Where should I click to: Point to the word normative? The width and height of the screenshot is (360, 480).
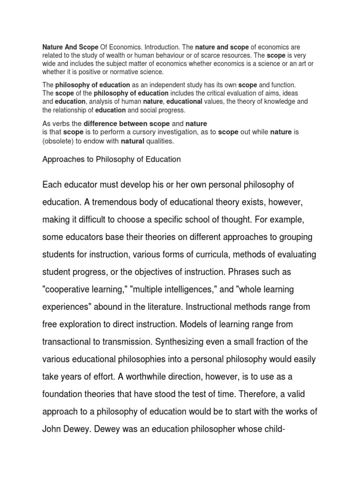click(128, 72)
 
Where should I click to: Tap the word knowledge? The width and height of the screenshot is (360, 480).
click(277, 101)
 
